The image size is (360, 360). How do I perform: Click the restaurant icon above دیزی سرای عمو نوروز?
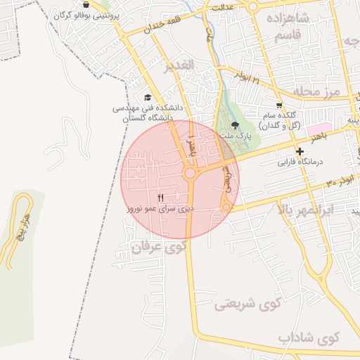coord(161,198)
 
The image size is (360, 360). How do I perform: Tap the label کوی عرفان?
coord(158,247)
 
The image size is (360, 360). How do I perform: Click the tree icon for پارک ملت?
coord(234,124)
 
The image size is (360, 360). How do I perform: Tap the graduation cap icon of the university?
coord(148,98)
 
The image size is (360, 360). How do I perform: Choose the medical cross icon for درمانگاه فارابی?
coord(300,151)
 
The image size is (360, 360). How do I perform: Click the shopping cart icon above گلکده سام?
coord(279,105)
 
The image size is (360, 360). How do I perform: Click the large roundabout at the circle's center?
coord(189,173)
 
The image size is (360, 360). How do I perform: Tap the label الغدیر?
coord(178,68)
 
